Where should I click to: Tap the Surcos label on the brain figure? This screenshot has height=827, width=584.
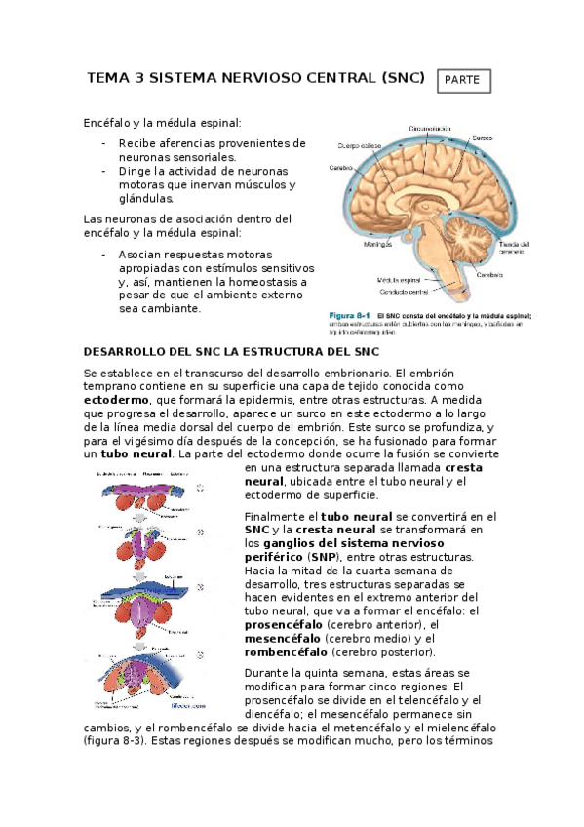point(483,138)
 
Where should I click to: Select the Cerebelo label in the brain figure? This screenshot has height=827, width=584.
point(489,274)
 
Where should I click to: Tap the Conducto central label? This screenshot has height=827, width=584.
point(404,291)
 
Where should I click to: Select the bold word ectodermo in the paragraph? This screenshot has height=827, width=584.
point(117,401)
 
